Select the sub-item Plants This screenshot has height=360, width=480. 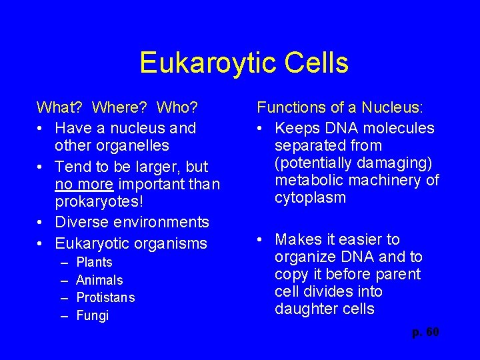[95, 263]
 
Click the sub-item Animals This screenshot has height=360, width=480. [100, 280]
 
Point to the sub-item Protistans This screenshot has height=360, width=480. [105, 297]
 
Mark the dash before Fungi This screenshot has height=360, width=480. [65, 315]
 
